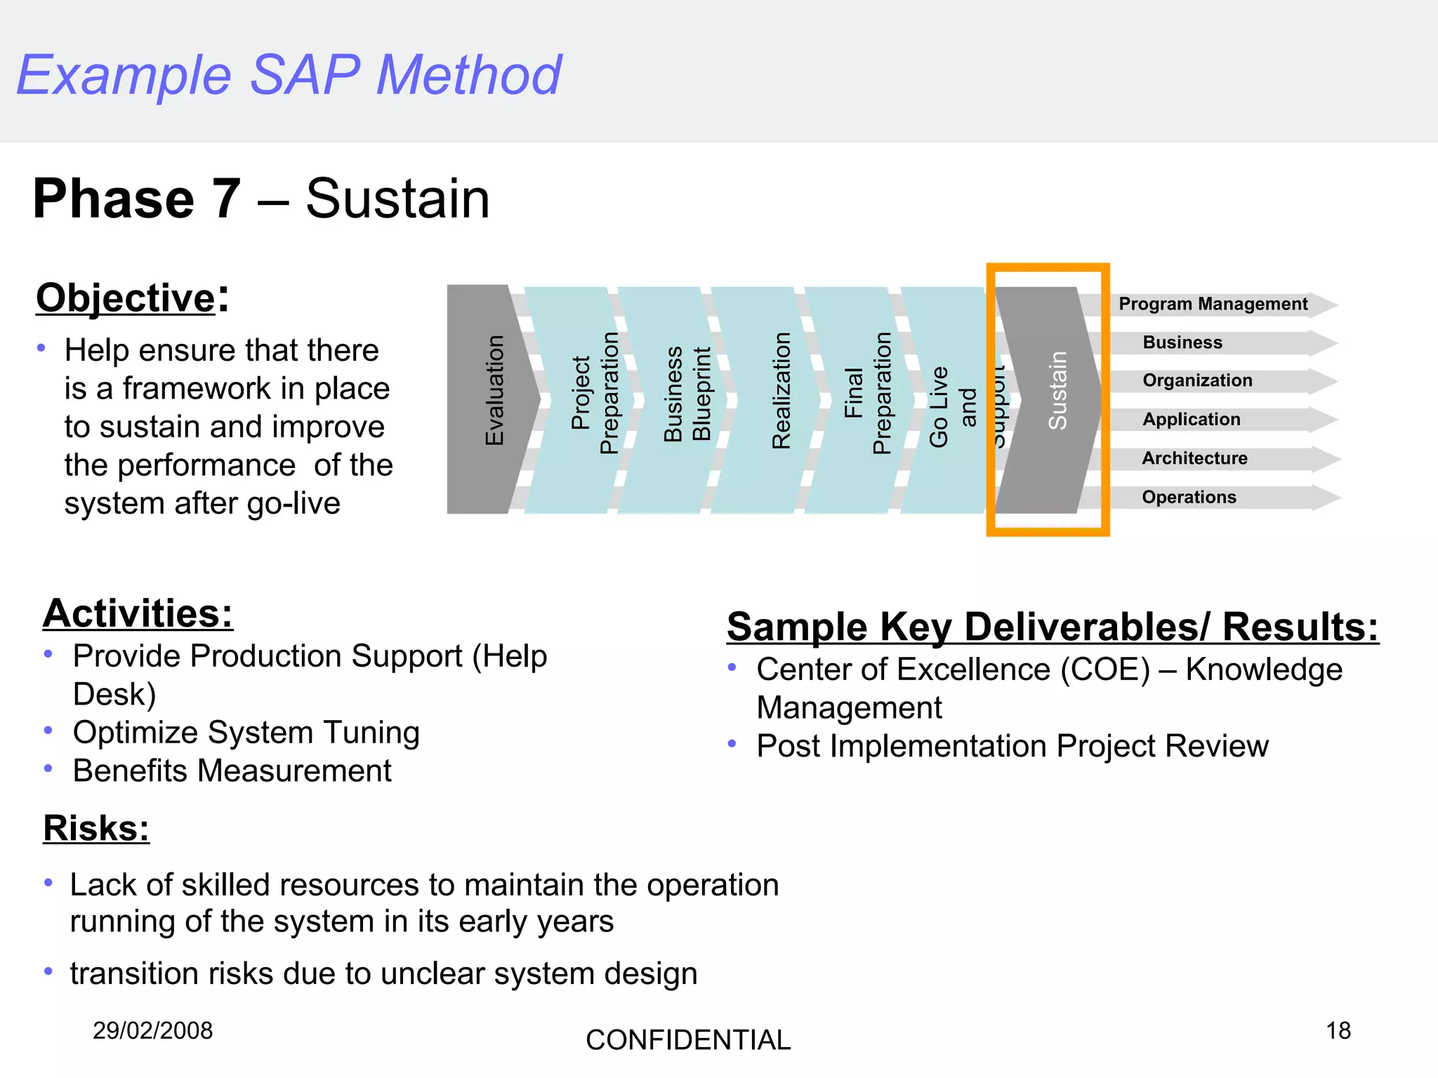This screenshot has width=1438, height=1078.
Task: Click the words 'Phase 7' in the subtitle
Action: (x=137, y=199)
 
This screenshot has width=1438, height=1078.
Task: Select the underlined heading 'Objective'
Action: (x=125, y=298)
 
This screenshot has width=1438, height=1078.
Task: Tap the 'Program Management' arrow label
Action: (x=1213, y=304)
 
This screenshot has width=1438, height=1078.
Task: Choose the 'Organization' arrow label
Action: (x=1197, y=380)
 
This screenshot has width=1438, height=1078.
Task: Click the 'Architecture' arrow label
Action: (x=1194, y=458)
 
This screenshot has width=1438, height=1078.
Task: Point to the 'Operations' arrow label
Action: (x=1189, y=497)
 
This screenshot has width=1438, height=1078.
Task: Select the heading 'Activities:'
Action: (x=138, y=613)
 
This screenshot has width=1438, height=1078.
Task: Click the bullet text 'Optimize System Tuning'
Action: (x=246, y=733)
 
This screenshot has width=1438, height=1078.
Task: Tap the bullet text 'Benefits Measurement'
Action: (x=232, y=771)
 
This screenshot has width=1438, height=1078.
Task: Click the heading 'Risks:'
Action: (x=96, y=828)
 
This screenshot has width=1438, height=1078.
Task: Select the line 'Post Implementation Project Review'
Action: (x=1012, y=746)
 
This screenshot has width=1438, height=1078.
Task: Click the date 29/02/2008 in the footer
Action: (x=152, y=1030)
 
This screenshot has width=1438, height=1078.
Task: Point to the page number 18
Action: (x=1338, y=1030)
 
